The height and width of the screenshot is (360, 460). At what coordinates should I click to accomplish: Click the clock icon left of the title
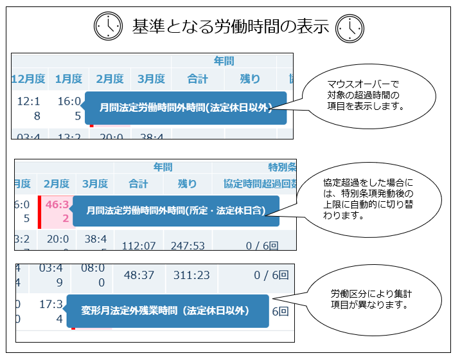click(x=109, y=26)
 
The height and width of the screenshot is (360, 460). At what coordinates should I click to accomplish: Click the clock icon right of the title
click(x=351, y=26)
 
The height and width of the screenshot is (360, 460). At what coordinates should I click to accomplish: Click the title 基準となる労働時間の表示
click(x=230, y=26)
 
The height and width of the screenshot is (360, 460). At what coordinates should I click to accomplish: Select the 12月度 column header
click(x=28, y=79)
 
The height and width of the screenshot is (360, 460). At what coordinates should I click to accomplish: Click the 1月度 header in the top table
click(x=69, y=79)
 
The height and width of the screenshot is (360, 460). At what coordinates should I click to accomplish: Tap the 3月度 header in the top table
click(x=151, y=79)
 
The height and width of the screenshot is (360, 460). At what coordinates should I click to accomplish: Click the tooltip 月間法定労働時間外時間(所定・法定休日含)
click(x=177, y=210)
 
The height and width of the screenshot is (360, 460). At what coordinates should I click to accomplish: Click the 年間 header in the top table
click(x=224, y=62)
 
